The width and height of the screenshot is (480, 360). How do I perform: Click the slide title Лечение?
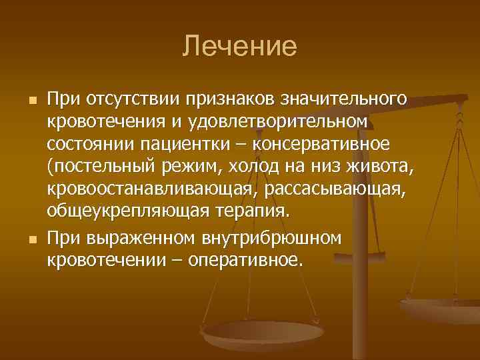coord(240,47)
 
